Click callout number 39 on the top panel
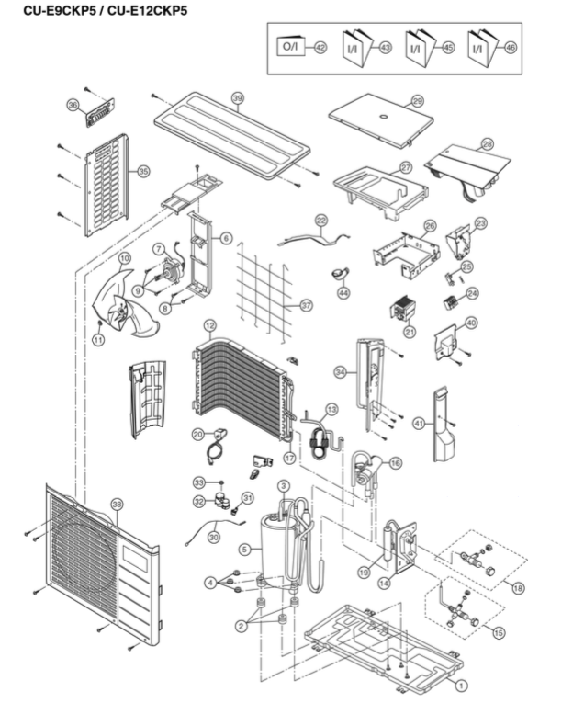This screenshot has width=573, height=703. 237,97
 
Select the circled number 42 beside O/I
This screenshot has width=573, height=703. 320,46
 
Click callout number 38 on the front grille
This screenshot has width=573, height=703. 116,504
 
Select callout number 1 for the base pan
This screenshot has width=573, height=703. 462,684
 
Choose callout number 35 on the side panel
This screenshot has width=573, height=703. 142,171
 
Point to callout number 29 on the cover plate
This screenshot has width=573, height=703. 417,100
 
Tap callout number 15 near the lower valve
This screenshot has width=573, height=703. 499,633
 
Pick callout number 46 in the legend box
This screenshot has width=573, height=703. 511,46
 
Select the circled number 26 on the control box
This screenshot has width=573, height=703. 429,225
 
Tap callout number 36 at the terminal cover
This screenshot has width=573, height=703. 73,106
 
